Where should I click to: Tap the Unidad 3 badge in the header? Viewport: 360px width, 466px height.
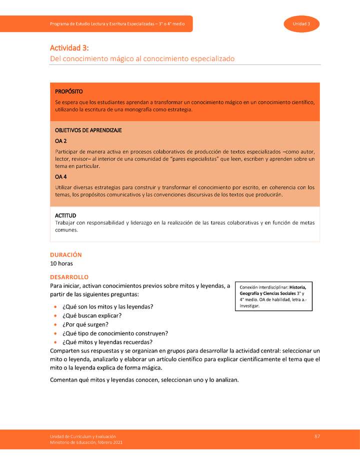tap(301, 24)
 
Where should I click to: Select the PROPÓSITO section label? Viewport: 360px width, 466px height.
tap(69, 91)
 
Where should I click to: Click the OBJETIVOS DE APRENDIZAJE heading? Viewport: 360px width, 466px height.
tap(88, 130)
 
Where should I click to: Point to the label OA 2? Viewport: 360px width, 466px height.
tap(61, 140)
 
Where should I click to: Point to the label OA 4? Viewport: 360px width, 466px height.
tap(61, 176)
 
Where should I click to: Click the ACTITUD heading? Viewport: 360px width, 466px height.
tap(65, 215)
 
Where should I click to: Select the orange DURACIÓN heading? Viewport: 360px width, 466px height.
tap(65, 254)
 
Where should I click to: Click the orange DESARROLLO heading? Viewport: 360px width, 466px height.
tap(69, 276)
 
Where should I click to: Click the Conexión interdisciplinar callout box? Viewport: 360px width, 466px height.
tap(273, 296)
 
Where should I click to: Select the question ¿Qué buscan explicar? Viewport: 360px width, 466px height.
tap(91, 315)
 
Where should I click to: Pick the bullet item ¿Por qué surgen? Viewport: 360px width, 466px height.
tap(85, 324)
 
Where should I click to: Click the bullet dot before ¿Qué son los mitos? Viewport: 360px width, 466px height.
tap(54, 306)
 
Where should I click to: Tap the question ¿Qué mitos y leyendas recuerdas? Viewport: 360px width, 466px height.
tap(107, 342)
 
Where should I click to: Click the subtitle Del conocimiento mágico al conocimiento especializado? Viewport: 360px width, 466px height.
tap(142, 58)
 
